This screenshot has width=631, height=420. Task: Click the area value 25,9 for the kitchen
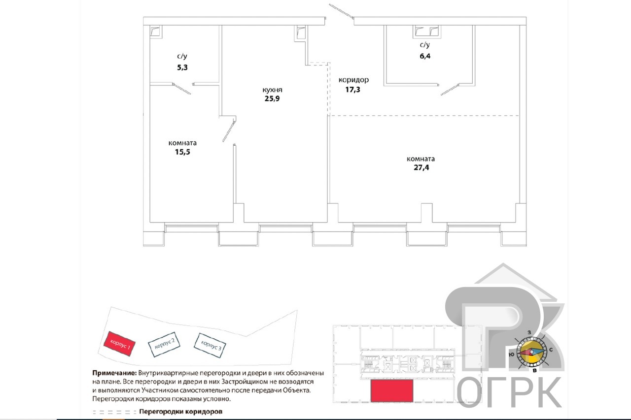pos(272,98)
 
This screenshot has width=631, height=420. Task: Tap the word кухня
pos(272,90)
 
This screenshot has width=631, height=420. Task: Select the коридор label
pos(353,80)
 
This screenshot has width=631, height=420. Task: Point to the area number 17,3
pos(352,90)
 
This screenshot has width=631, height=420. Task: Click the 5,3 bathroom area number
pos(182,67)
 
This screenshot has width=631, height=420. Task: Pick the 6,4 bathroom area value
pos(425,56)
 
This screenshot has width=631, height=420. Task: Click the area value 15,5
pos(182,152)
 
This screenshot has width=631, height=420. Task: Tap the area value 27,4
pos(421,167)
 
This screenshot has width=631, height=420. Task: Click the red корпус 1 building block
pos(119,344)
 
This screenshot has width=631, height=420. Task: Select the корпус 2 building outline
pos(164,344)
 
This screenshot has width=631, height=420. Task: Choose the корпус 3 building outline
pos(210,346)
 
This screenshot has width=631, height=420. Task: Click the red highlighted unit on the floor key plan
pos(392,391)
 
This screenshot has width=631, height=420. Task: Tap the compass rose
pos(531,352)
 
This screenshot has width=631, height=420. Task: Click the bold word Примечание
pos(114,373)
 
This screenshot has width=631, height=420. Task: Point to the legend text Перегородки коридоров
pos(181,412)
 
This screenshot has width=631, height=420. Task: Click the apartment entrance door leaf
pos(342,11)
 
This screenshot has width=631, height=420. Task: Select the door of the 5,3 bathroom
pos(181,88)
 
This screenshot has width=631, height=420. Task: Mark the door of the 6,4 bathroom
pos(450,90)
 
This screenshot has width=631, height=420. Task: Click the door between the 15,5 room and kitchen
pos(229,130)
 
